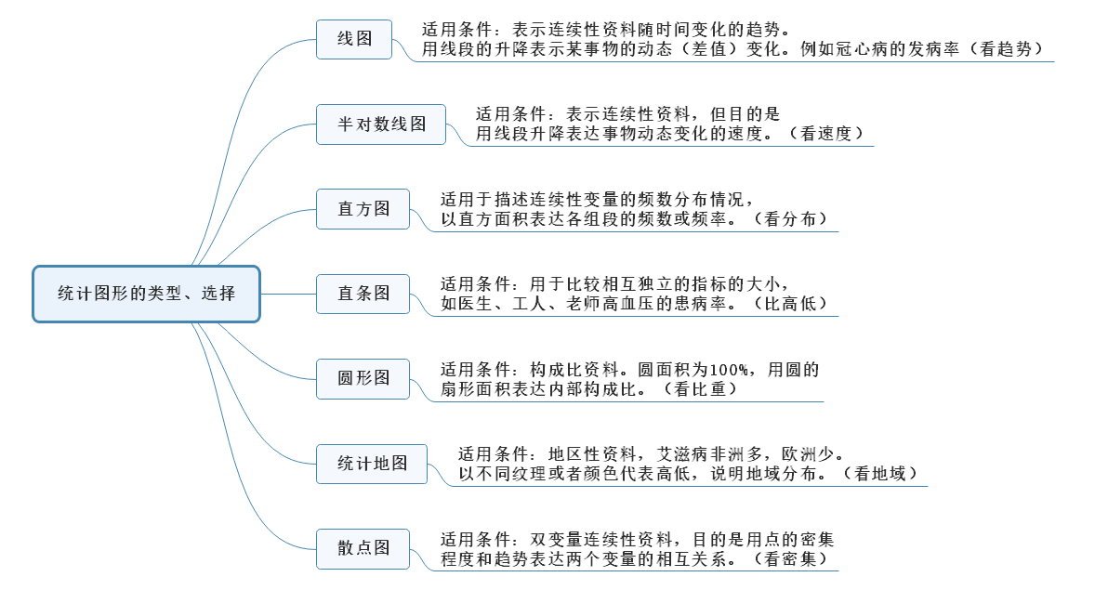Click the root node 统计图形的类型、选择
click(x=147, y=294)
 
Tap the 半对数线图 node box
click(x=381, y=125)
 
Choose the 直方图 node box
click(x=363, y=208)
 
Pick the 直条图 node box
click(x=363, y=294)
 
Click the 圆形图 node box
click(x=363, y=378)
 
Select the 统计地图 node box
click(x=372, y=464)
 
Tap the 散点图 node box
click(x=363, y=548)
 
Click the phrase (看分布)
click(x=790, y=219)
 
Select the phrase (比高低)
click(x=790, y=304)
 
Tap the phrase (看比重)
click(x=701, y=389)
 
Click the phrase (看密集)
click(x=790, y=559)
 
